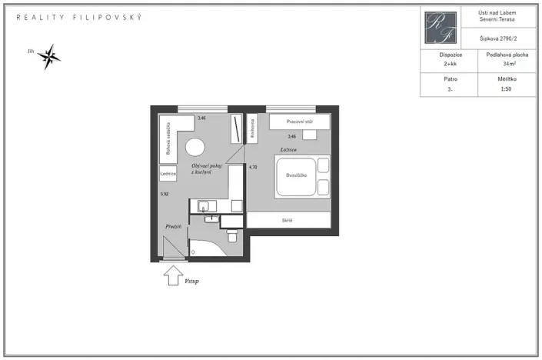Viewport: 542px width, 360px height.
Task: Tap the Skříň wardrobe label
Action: (288, 221)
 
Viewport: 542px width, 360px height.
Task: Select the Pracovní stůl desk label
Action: (298, 122)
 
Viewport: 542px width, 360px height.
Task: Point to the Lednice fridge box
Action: (169, 174)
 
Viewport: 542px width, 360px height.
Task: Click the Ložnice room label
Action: (288, 149)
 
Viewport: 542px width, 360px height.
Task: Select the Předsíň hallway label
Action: (173, 227)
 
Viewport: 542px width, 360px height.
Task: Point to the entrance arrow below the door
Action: (175, 275)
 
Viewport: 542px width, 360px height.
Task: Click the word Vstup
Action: (192, 282)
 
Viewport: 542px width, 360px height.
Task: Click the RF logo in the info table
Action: (441, 28)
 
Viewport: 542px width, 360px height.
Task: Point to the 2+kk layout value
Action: (450, 65)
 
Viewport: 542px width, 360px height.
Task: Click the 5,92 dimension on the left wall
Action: (165, 194)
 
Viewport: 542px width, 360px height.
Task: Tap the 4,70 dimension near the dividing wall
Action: (253, 167)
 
